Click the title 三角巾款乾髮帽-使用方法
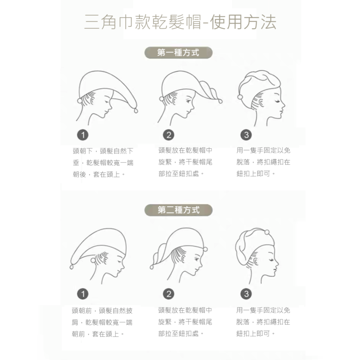coord(180,22)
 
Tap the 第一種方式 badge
coord(179,53)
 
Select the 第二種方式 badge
coord(179,210)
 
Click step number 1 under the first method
coord(83,135)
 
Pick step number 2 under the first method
coord(169,135)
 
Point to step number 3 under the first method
coord(246,135)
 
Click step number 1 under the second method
coord(83,294)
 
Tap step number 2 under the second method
coord(169,294)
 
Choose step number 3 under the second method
coord(246,294)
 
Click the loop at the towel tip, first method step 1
coord(136,111)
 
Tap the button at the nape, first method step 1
coord(80,100)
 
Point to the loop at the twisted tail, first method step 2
coord(220,101)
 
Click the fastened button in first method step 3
coord(240,97)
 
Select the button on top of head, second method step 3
coord(267,232)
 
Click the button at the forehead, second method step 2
coord(205,249)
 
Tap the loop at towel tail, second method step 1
coord(72,267)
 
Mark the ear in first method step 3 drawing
coord(261,102)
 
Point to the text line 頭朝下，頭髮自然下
coord(103,151)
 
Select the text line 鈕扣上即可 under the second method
coord(256,334)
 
